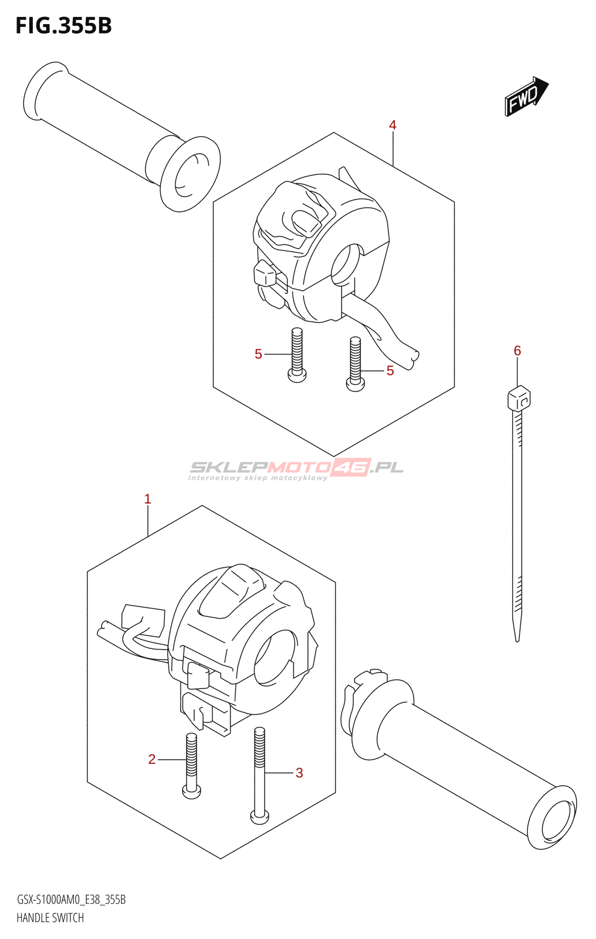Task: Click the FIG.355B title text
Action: pyautogui.click(x=63, y=26)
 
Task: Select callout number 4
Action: pyautogui.click(x=392, y=125)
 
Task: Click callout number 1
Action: pyautogui.click(x=148, y=499)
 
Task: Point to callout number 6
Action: pyautogui.click(x=517, y=350)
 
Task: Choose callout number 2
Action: pyautogui.click(x=152, y=759)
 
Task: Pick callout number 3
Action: pyautogui.click(x=299, y=773)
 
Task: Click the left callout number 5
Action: pyautogui.click(x=258, y=354)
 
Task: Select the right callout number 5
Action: pyautogui.click(x=390, y=370)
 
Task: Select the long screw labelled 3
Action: pyautogui.click(x=259, y=775)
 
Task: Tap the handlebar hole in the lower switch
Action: pyautogui.click(x=274, y=657)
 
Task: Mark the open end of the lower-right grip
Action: pyautogui.click(x=553, y=818)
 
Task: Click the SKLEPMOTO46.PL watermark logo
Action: pyautogui.click(x=296, y=468)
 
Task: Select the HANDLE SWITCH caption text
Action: pyautogui.click(x=50, y=918)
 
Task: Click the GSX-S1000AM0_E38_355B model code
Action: pyautogui.click(x=71, y=900)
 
